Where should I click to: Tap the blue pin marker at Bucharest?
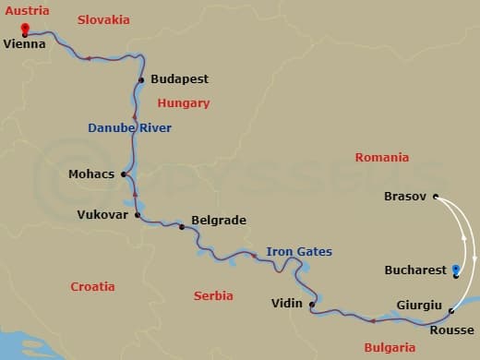pos(456,270)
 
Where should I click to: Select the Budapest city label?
pos(179,79)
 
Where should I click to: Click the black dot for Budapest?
pos(141,80)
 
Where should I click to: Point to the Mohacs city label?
pos(90,174)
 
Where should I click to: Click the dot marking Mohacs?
pos(124,174)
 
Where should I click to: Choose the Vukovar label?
pos(102,215)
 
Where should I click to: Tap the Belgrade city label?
pos(218,222)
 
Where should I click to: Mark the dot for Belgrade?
pos(182,226)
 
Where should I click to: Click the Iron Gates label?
pos(298,251)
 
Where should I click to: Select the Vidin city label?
pos(287,303)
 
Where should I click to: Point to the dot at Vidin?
pos(312,304)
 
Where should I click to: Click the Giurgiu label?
pos(418,305)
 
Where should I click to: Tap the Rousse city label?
pos(452,330)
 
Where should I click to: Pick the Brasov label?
pos(404,197)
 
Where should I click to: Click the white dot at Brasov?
pos(436,197)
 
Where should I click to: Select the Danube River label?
pos(129,128)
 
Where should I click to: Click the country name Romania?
pos(381,158)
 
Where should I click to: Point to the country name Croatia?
pos(93,287)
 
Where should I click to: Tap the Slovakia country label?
pos(103,19)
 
